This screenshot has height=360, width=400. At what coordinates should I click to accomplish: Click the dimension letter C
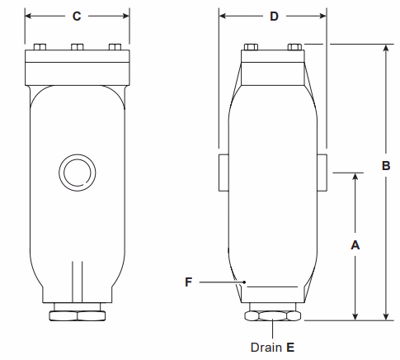click(77, 16)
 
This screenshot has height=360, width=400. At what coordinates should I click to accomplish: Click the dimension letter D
click(274, 16)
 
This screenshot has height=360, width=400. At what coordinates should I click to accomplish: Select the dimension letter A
click(355, 245)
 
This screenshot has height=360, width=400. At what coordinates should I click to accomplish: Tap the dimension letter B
click(385, 165)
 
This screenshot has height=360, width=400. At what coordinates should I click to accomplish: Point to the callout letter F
click(188, 282)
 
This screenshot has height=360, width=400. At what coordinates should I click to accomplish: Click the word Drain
click(266, 348)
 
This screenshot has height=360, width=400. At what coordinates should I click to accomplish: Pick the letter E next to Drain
click(290, 348)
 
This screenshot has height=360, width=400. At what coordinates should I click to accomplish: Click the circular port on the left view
click(77, 173)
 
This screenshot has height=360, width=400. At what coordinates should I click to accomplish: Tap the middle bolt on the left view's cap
click(77, 46)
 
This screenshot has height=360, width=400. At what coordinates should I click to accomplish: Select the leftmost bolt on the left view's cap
click(40, 46)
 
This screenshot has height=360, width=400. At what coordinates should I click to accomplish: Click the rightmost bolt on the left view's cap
click(115, 46)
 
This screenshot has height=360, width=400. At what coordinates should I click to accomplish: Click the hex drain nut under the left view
click(77, 315)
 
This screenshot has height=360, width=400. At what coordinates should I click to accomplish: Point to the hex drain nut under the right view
click(273, 315)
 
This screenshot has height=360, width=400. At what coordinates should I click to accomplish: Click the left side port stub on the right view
click(224, 172)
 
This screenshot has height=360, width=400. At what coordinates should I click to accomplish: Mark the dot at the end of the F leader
click(245, 282)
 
